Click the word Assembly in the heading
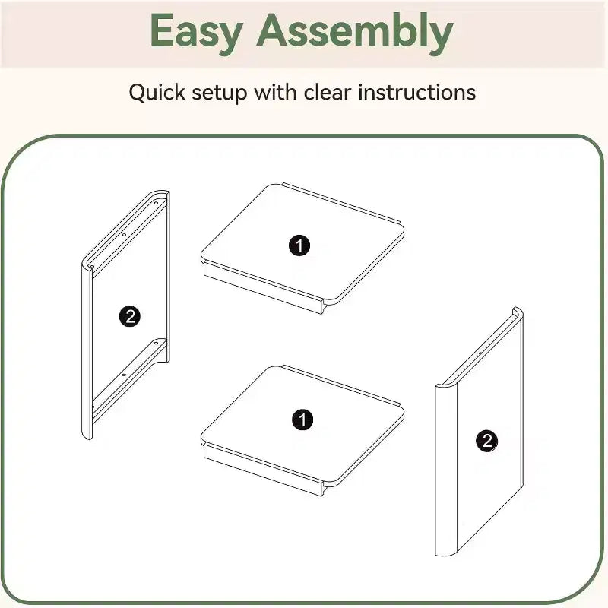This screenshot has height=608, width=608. (x=355, y=33)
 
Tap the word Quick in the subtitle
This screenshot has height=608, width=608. (x=157, y=93)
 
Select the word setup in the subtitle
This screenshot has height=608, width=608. (x=220, y=93)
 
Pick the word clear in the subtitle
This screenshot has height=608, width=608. (x=328, y=92)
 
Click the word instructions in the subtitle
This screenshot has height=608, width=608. (x=416, y=92)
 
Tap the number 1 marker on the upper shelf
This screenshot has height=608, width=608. (x=299, y=245)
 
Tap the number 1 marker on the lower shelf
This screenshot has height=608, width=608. (x=302, y=420)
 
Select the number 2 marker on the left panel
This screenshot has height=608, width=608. (x=130, y=316)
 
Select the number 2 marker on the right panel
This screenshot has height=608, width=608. (x=487, y=441)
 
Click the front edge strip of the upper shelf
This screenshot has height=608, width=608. (x=263, y=287)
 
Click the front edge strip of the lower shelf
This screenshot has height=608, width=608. (x=263, y=470)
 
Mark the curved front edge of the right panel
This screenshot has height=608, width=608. (x=447, y=469)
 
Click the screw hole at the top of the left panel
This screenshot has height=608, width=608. (x=156, y=203)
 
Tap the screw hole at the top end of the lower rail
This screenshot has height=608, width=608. (x=156, y=344)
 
